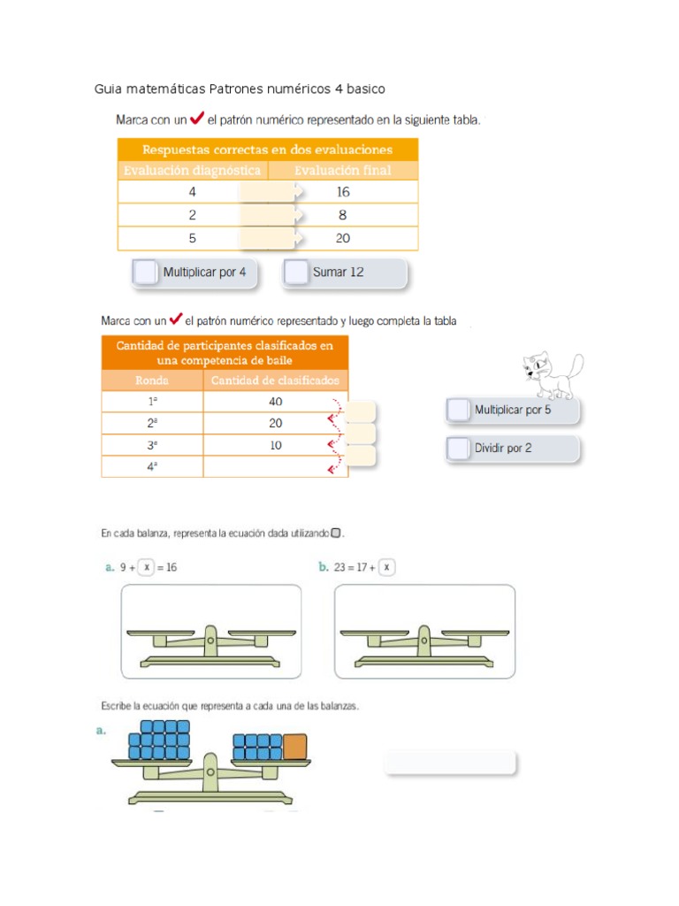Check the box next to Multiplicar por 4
click(145, 273)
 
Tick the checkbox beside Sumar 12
click(296, 273)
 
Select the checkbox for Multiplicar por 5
click(458, 410)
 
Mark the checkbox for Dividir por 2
click(458, 449)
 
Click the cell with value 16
click(343, 192)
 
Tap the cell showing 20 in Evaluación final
click(343, 238)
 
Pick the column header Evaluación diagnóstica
click(192, 170)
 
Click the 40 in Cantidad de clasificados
click(276, 402)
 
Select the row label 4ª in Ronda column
click(152, 466)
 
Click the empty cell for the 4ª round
click(276, 466)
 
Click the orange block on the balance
click(294, 747)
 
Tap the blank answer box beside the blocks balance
click(450, 763)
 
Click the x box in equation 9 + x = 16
click(147, 567)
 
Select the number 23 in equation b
click(340, 567)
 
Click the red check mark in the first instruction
click(197, 119)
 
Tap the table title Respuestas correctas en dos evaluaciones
click(267, 149)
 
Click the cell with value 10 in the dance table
click(276, 445)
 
